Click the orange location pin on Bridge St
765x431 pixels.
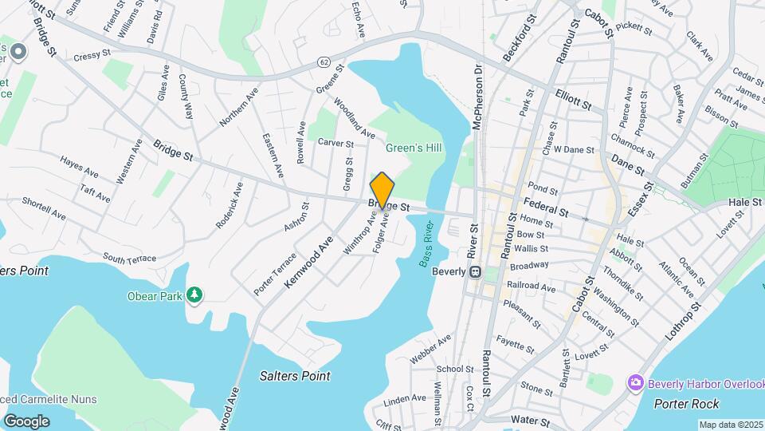(x=382, y=189)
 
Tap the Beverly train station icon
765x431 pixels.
(x=476, y=271)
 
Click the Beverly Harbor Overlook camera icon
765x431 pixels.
(x=636, y=383)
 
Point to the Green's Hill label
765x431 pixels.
(x=414, y=148)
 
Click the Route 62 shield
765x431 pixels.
(x=323, y=61)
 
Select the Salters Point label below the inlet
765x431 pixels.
(x=295, y=375)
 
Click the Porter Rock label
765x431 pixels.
(x=686, y=404)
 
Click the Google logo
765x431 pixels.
(x=26, y=421)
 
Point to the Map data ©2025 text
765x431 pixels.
(x=730, y=425)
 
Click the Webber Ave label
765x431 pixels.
(x=431, y=349)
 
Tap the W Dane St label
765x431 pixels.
(x=575, y=149)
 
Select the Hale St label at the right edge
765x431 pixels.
(x=745, y=203)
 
